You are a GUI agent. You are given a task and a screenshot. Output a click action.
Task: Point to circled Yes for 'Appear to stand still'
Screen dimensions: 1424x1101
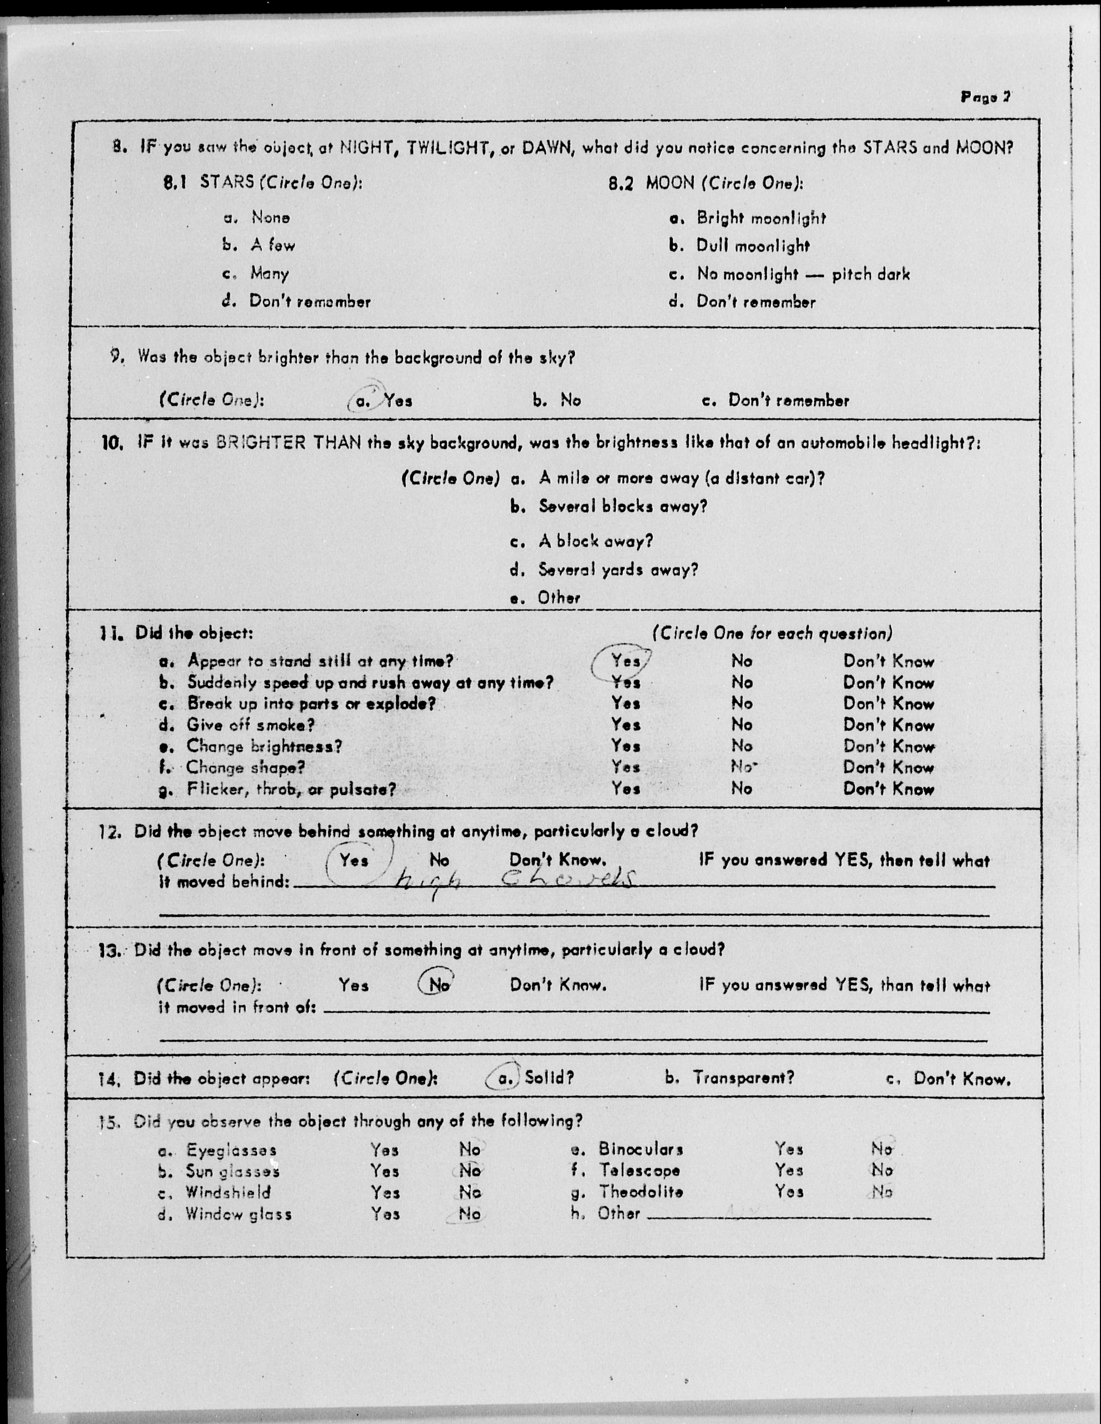click(x=625, y=661)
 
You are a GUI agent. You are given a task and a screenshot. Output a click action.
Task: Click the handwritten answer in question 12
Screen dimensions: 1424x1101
click(x=515, y=881)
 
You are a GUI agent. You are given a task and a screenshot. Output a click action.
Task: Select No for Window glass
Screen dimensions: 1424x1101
click(x=469, y=1214)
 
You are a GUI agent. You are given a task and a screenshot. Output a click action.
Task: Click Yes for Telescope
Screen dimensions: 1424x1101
click(x=789, y=1171)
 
